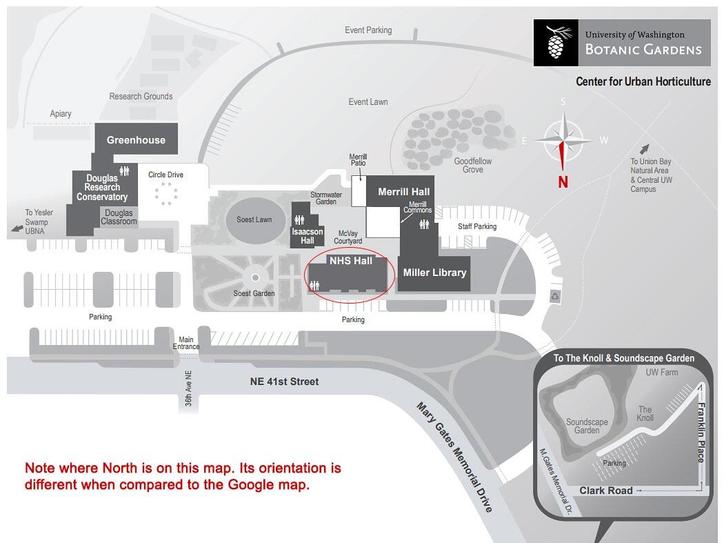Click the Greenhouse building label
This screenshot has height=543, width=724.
click(x=136, y=140)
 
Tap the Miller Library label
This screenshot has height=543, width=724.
click(x=434, y=273)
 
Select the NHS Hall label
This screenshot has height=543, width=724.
click(x=350, y=261)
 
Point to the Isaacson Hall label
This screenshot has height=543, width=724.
click(x=307, y=236)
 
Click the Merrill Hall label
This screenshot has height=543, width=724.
click(x=403, y=191)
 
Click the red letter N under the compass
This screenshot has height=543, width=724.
click(x=563, y=182)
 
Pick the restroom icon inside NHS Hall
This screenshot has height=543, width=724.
click(x=315, y=286)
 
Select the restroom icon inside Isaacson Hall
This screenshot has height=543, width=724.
click(x=300, y=220)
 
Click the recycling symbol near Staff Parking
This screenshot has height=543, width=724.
click(x=555, y=296)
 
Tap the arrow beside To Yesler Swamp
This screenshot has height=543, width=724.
click(x=17, y=228)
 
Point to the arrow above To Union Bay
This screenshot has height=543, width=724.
click(x=644, y=149)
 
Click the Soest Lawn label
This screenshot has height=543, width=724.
click(x=254, y=219)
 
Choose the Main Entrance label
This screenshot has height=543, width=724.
click(x=186, y=343)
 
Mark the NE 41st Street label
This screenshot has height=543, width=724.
click(x=284, y=382)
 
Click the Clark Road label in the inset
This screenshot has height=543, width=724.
click(x=606, y=491)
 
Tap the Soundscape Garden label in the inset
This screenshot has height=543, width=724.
click(x=587, y=426)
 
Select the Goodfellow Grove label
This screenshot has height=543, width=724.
click(x=473, y=166)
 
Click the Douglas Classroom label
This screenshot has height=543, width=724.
click(x=119, y=217)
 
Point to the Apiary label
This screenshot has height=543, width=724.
click(x=61, y=114)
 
